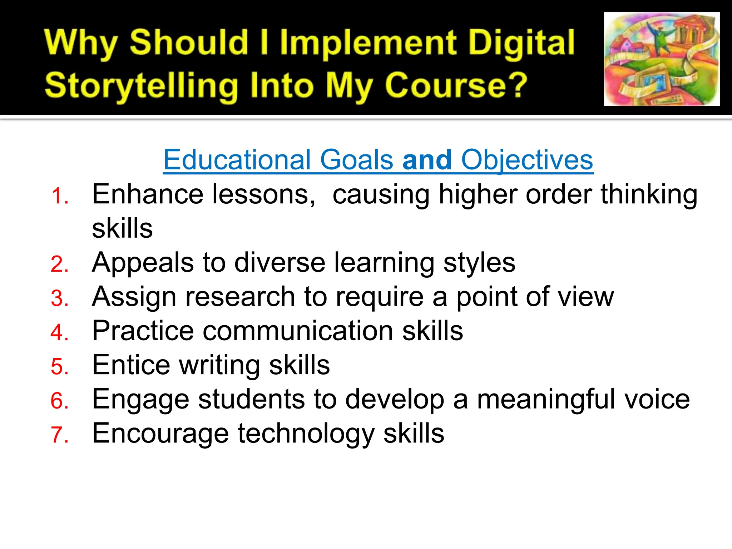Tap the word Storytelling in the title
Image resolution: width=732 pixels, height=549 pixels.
[x=142, y=86]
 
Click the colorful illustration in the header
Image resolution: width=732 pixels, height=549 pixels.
[x=661, y=59]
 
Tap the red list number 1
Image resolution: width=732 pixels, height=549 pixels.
[x=59, y=196]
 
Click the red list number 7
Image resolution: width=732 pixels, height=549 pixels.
[x=59, y=435]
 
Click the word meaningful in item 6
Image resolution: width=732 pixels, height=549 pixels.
[x=546, y=399]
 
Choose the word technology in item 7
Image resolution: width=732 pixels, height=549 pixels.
[x=306, y=434]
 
